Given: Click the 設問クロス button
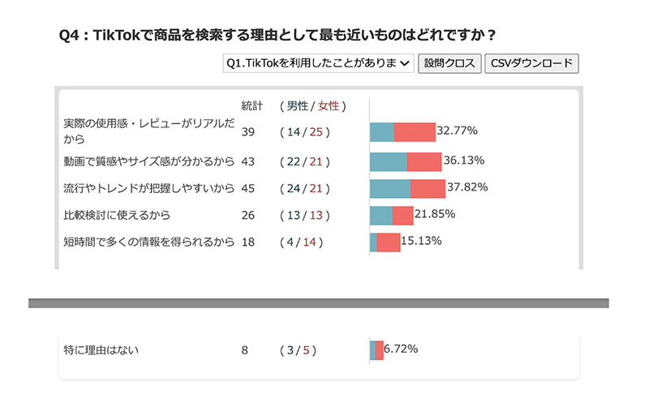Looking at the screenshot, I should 449,64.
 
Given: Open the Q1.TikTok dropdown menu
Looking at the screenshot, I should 318,64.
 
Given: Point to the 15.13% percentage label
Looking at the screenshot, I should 421,241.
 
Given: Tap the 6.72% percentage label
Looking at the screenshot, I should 401,349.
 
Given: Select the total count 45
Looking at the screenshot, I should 250,188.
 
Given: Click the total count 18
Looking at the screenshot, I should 249,242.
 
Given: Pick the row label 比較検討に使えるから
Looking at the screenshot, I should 117,215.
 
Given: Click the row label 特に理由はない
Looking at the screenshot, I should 102,350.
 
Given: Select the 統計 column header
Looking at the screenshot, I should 252,106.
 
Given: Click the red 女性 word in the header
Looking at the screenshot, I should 329,106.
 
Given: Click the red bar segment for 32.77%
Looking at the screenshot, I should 414,133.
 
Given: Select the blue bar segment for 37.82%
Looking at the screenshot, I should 389,188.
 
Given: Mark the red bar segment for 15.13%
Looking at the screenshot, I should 388,242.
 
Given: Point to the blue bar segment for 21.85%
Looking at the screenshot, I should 380,215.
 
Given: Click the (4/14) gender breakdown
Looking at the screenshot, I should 299,242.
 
